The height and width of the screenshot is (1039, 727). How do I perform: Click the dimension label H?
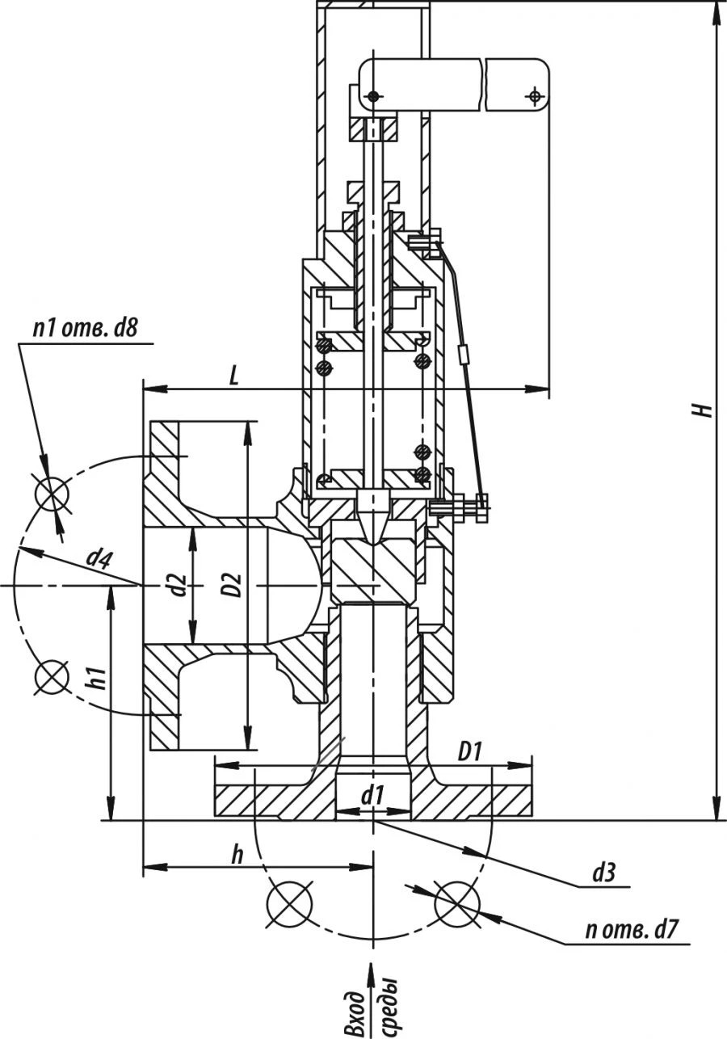[x=704, y=409]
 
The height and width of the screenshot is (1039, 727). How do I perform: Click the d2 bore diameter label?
[x=179, y=584]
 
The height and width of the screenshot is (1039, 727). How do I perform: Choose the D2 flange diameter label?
[x=232, y=584]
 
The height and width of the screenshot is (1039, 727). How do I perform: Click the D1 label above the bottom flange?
[x=470, y=751]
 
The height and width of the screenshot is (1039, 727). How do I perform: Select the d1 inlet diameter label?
[x=372, y=796]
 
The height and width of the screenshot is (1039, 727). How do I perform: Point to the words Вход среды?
[x=372, y=1003]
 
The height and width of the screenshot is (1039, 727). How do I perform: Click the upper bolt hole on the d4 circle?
[x=53, y=491]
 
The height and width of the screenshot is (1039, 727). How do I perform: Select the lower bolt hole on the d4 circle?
[x=53, y=677]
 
